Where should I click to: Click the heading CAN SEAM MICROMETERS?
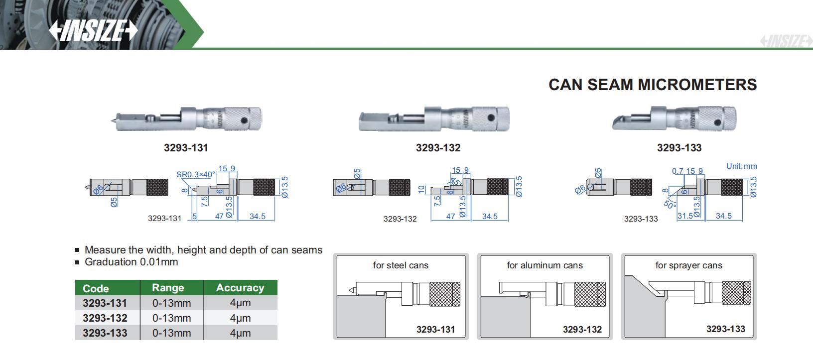click(652, 85)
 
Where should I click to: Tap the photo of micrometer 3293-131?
click(186, 120)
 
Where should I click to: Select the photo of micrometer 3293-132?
click(434, 120)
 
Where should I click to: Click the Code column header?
click(96, 288)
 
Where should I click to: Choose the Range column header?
click(168, 288)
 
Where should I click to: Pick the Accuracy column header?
click(240, 288)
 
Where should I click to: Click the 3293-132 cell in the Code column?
click(105, 318)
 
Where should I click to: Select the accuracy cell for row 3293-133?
click(240, 333)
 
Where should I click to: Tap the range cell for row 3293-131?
click(171, 303)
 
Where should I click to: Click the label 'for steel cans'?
click(401, 265)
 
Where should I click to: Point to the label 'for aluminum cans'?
click(544, 265)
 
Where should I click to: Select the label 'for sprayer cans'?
click(688, 265)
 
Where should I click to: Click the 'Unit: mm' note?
click(741, 166)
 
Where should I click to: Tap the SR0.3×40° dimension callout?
click(196, 175)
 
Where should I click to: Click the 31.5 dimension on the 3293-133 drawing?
click(685, 216)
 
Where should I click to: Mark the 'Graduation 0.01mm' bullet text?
click(131, 262)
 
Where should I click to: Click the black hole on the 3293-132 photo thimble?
click(491, 118)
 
